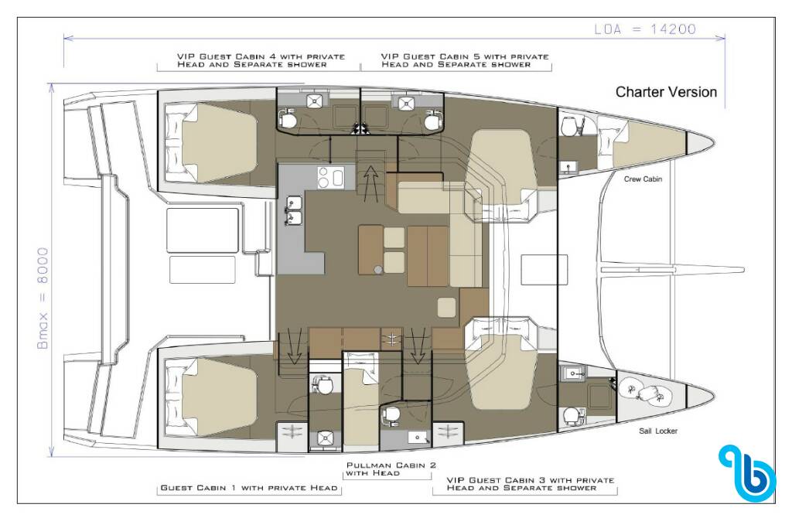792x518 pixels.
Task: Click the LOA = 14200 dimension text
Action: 645,29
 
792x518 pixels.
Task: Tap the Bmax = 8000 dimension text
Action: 43,298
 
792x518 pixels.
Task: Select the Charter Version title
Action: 666,92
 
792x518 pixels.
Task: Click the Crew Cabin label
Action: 643,179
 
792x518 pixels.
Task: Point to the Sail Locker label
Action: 658,431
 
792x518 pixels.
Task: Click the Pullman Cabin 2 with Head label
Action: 391,469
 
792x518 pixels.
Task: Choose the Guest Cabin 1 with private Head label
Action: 248,488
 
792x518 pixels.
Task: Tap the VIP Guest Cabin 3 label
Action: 531,484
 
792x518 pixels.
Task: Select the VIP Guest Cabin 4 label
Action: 261,60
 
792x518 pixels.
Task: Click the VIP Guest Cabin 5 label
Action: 465,60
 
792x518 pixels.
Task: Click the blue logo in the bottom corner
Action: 746,472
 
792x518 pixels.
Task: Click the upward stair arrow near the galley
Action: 370,182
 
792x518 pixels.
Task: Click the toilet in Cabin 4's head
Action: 288,119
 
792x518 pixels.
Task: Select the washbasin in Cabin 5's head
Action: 405,103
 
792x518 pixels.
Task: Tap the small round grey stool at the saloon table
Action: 377,270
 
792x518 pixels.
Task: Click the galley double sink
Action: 293,210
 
